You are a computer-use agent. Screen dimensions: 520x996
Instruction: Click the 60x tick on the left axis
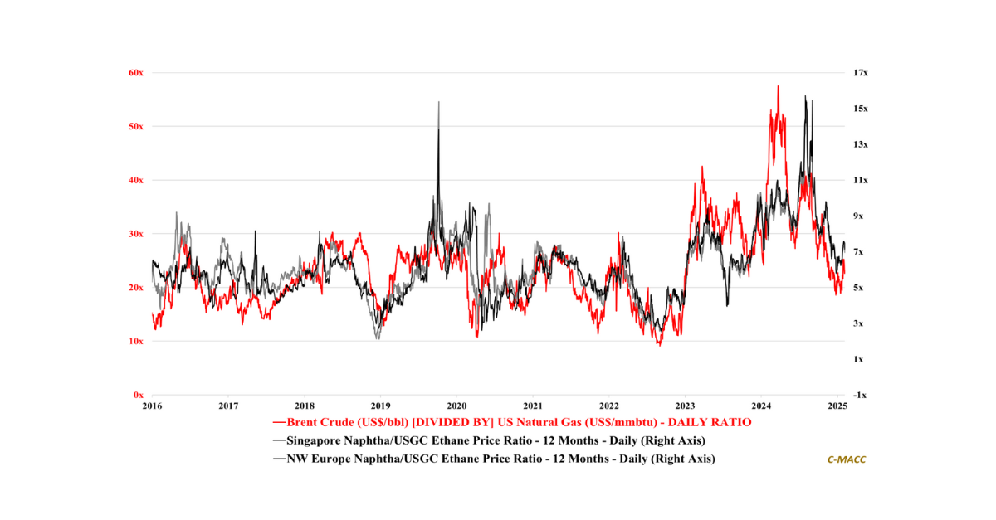coord(136,73)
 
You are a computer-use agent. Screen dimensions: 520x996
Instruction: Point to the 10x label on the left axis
coord(136,342)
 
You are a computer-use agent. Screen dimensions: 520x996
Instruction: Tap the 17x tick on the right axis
coord(861,73)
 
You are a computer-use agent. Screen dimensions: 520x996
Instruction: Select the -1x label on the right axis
coord(861,395)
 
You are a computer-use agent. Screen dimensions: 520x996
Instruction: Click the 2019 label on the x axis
coord(380,406)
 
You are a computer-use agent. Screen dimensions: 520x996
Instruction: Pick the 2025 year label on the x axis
coord(837,406)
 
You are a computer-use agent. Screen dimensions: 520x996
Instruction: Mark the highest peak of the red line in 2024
coord(778,86)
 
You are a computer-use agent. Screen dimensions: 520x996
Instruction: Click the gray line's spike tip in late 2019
coord(438,102)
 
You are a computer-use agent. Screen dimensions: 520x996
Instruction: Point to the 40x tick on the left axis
coord(136,180)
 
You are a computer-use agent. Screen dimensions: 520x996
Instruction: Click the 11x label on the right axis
coord(861,180)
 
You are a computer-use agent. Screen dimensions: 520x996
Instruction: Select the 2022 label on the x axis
coord(609,406)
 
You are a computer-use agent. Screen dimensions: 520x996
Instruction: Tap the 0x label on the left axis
coord(139,395)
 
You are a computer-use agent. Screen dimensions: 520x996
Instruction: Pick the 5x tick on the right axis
coord(861,288)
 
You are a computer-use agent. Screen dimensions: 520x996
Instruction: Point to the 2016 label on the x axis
coord(152,406)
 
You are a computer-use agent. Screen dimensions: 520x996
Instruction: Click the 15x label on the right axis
coord(861,109)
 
